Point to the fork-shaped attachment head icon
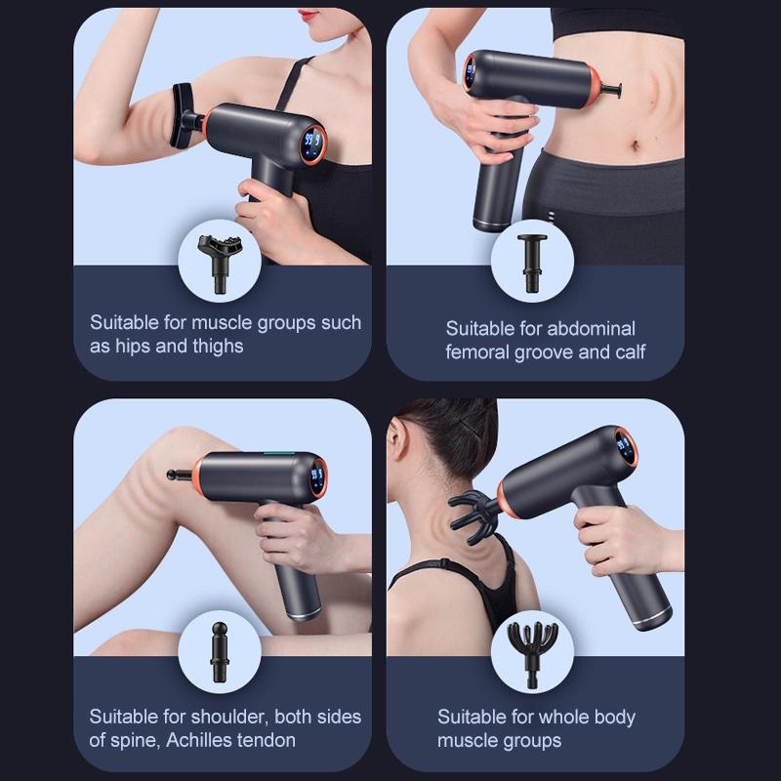(x=214, y=258)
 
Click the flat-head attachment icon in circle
(x=533, y=259)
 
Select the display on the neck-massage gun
(x=626, y=448)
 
